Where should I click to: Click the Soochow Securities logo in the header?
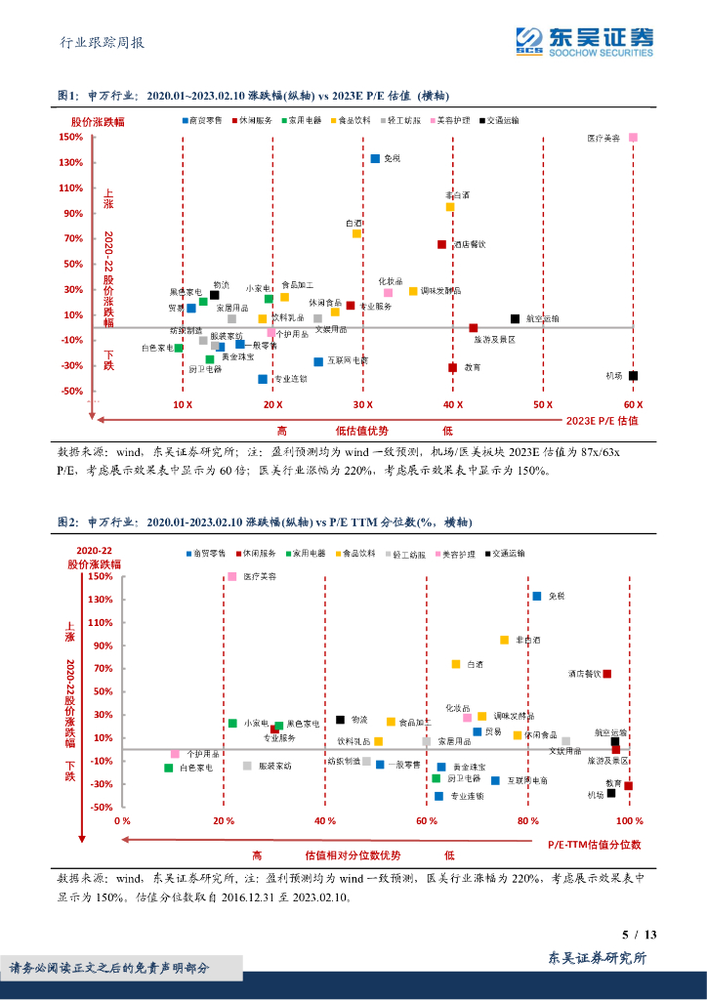tap(585, 40)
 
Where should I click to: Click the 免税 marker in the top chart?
tap(375, 158)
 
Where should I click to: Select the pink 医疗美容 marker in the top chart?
tap(633, 138)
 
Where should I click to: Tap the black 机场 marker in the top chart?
tap(633, 376)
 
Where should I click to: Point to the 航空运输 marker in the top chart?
tap(515, 319)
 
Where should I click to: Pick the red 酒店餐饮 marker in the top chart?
tap(441, 245)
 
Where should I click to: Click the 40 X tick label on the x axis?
tap(452, 404)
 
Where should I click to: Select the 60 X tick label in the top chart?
tap(633, 404)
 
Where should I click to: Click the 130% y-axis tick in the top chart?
tap(69, 163)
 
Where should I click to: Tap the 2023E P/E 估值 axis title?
tap(603, 421)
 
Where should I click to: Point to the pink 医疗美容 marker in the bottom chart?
tap(231, 577)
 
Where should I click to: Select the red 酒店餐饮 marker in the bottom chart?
tap(606, 674)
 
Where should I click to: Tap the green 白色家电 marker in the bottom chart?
tap(169, 769)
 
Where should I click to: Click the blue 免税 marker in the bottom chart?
tap(536, 596)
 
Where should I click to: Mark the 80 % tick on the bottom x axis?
tap(528, 821)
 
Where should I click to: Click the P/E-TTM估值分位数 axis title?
tap(594, 844)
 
